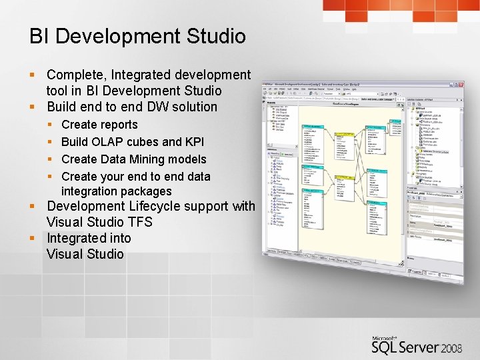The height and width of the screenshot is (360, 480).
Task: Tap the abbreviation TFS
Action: pyautogui.click(x=138, y=222)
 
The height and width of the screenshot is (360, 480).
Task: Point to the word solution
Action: pyautogui.click(x=194, y=107)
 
